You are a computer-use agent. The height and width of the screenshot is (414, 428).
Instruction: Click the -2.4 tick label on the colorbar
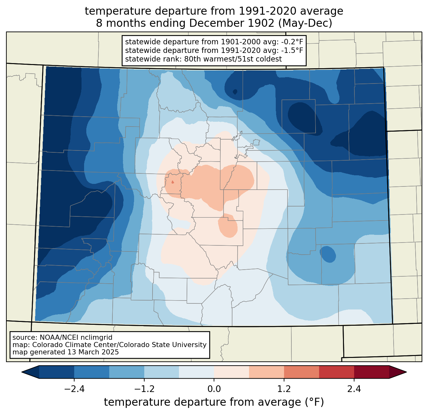click(74, 389)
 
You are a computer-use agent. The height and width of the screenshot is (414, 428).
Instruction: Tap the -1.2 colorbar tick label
click(144, 389)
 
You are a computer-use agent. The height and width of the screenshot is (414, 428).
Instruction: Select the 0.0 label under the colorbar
click(214, 389)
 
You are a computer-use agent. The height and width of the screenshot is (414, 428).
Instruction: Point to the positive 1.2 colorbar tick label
click(284, 389)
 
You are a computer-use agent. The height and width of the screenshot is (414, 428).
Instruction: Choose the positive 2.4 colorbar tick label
click(354, 389)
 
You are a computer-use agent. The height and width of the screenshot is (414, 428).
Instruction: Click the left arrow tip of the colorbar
click(22, 372)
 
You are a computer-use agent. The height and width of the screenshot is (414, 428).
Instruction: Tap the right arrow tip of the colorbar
click(407, 372)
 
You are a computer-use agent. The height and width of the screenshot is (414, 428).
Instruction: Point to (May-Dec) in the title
click(305, 23)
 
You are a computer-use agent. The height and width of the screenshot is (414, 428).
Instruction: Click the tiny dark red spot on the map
click(173, 182)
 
